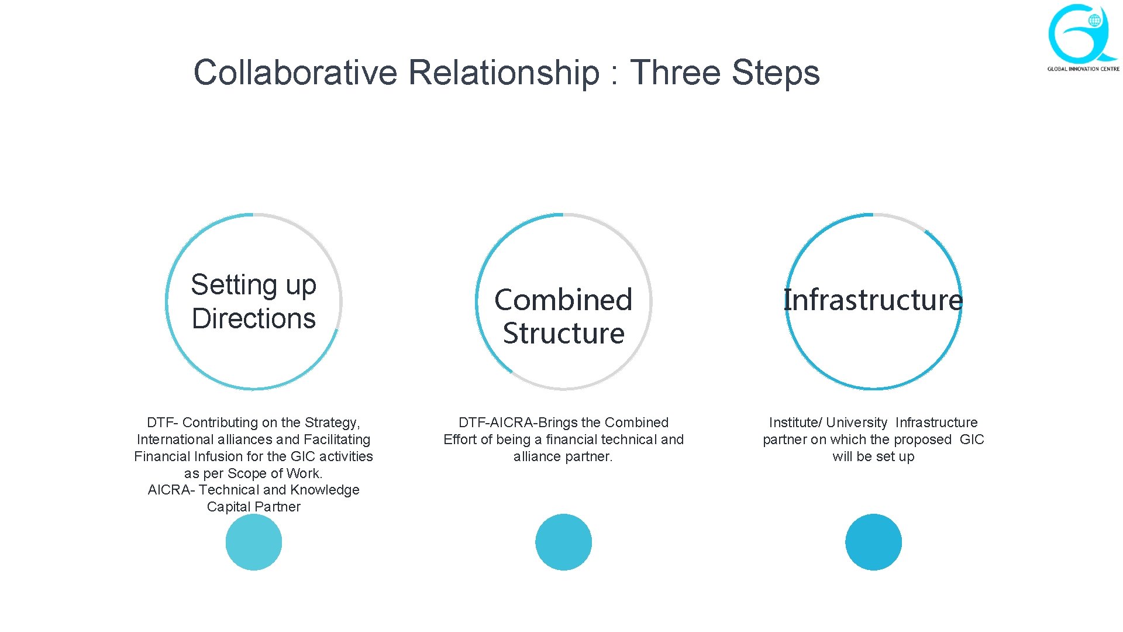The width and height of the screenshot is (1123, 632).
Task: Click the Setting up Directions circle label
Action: [x=253, y=301]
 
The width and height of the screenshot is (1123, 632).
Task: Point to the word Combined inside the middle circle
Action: [x=563, y=300]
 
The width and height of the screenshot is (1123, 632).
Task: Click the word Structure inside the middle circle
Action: [x=563, y=333]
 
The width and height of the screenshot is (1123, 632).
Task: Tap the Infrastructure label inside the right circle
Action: [x=873, y=300]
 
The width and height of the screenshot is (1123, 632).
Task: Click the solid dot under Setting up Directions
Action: [x=254, y=542]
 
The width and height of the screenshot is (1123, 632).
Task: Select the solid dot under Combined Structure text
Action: [x=563, y=542]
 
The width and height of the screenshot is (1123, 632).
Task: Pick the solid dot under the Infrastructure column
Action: [x=873, y=542]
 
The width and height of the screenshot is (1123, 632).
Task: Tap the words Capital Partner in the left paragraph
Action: [x=254, y=507]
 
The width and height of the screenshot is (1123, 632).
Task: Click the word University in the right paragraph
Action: [x=857, y=423]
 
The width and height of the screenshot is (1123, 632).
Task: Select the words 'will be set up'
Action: [x=873, y=456]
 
